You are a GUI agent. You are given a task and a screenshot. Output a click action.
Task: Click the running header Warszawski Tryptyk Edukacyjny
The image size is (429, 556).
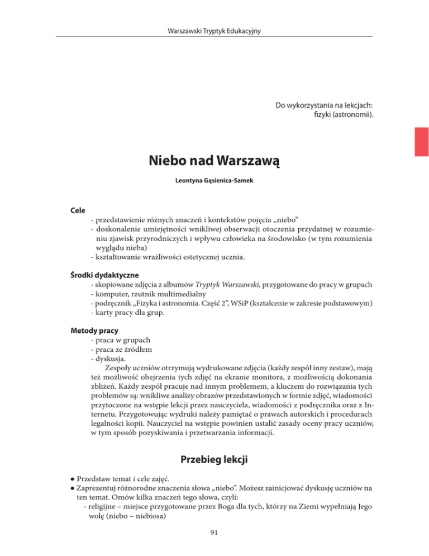pyautogui.click(x=214, y=29)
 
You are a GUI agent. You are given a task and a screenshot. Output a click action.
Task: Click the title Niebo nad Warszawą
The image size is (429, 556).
pyautogui.click(x=214, y=162)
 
